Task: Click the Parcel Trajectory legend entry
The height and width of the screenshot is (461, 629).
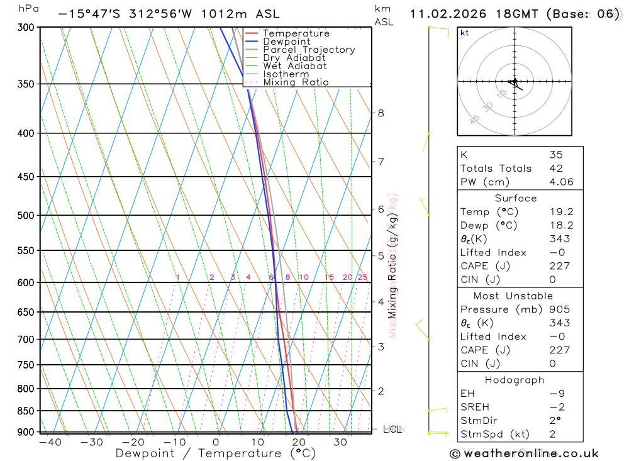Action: (308, 50)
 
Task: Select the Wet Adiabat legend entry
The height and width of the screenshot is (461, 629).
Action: (294, 66)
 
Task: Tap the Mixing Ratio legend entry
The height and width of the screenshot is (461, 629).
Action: (296, 82)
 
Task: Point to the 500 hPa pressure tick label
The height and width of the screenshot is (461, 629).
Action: (25, 215)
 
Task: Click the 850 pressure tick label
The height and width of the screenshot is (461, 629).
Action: (25, 411)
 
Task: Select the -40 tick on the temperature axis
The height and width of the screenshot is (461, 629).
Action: (50, 442)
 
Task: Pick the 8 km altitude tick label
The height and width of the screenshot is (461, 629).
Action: (381, 113)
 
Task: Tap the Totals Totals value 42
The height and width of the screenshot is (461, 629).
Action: (555, 169)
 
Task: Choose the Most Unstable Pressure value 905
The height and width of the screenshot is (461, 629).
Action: (559, 309)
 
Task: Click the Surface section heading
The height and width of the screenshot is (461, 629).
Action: (516, 199)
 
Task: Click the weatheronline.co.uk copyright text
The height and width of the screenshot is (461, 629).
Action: (525, 453)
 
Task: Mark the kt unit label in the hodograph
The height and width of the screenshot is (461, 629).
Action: (465, 33)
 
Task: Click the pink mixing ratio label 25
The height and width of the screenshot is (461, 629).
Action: (362, 277)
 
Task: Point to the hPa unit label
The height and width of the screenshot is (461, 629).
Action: (28, 9)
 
